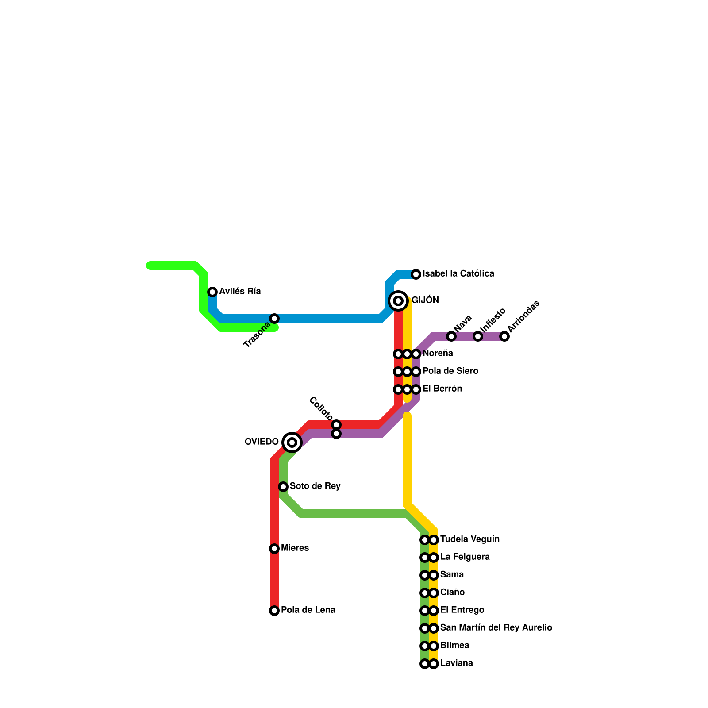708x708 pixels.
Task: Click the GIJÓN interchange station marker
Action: (398, 301)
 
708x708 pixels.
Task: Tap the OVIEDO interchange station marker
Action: (292, 442)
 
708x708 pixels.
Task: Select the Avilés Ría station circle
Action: (212, 292)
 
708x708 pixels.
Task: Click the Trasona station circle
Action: (274, 319)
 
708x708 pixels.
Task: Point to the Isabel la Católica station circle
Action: (416, 274)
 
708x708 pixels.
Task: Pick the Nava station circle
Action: (451, 336)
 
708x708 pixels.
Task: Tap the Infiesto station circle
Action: (478, 336)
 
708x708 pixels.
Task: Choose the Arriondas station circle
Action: (504, 336)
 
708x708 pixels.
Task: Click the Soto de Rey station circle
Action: (283, 487)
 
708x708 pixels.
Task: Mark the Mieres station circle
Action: (274, 549)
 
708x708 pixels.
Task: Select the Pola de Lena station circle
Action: (274, 611)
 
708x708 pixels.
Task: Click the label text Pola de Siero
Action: (450, 371)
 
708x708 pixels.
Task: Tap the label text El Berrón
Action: (442, 389)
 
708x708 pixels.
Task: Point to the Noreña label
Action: (438, 354)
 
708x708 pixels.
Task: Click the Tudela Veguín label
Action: (469, 539)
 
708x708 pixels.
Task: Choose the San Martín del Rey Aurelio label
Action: (496, 628)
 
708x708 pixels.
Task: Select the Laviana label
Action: (456, 663)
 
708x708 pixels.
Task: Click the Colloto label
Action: (321, 409)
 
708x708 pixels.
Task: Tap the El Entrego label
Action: (462, 610)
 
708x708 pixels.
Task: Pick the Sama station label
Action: (452, 575)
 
